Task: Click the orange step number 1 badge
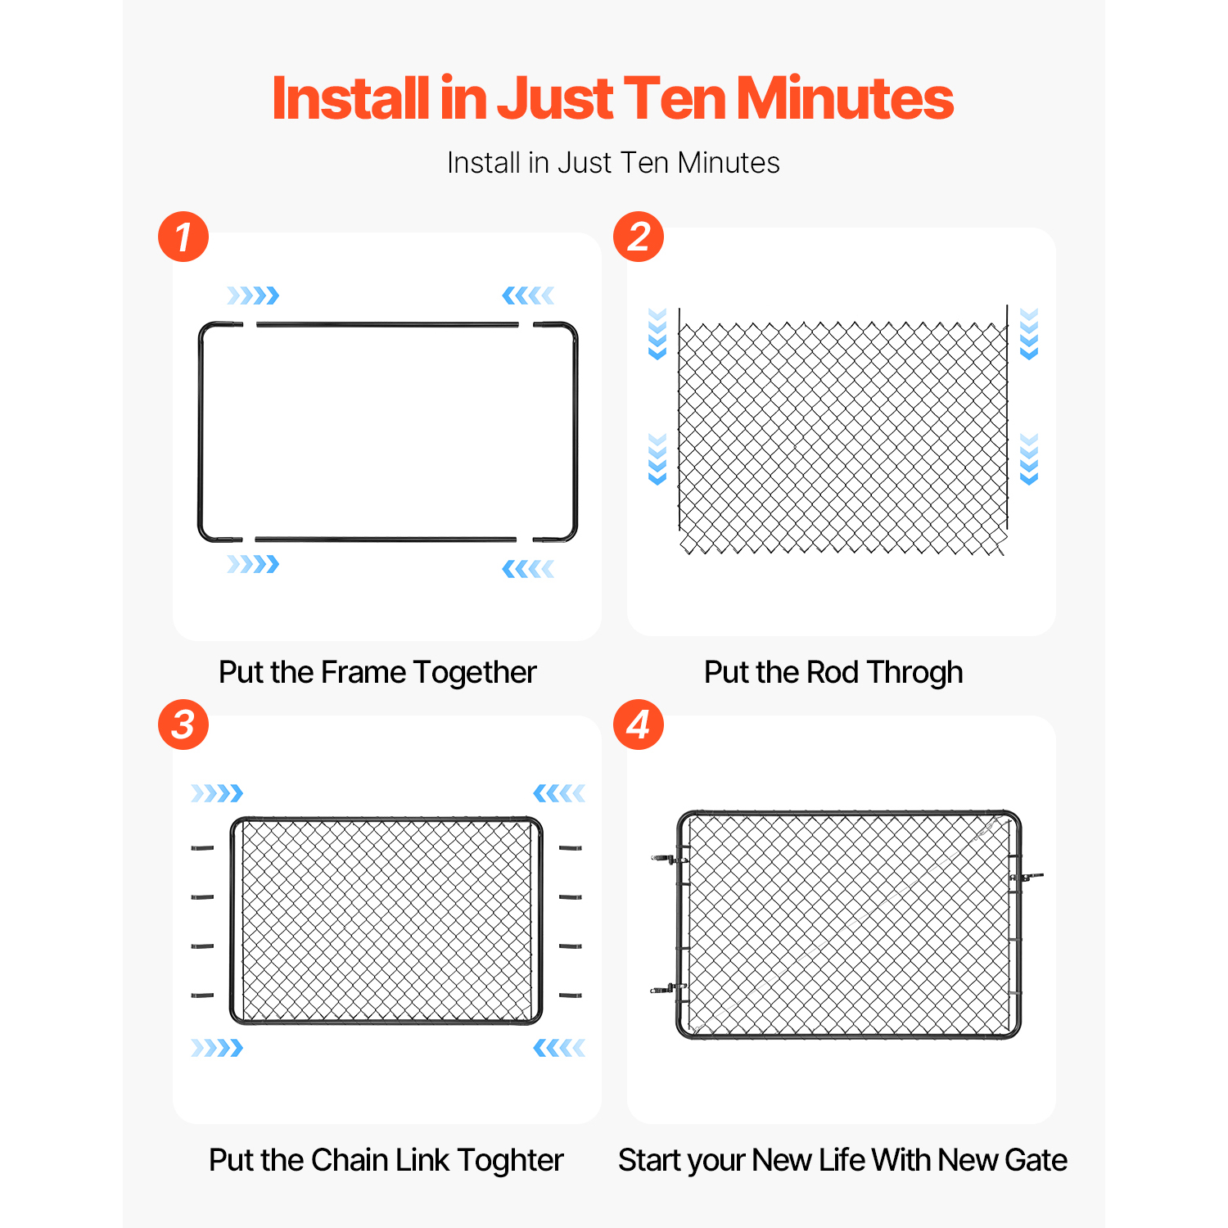(183, 237)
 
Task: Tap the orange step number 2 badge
(639, 237)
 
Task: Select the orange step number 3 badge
(183, 725)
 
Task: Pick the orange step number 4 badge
(639, 725)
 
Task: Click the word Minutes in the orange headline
(846, 98)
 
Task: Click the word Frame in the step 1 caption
(363, 672)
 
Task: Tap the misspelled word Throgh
(915, 673)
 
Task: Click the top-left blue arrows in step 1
(253, 296)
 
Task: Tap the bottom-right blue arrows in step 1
(528, 569)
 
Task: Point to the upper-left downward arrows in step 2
(657, 334)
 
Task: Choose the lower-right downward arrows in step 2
(1029, 459)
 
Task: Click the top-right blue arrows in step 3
(559, 793)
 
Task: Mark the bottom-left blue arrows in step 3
(217, 1048)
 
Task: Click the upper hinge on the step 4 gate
(669, 859)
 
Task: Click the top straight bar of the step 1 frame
(387, 325)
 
